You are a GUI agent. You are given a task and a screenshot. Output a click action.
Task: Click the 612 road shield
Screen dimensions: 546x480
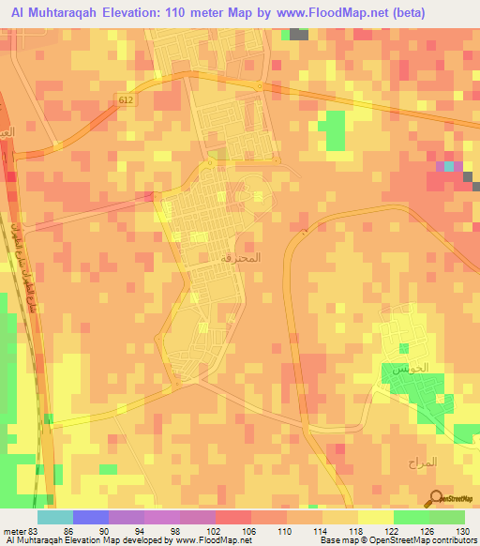[x=127, y=99]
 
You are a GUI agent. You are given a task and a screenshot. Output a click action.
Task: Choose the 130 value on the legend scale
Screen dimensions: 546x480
[x=464, y=532]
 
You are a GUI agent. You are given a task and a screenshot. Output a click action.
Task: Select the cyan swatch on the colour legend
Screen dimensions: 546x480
[x=55, y=517]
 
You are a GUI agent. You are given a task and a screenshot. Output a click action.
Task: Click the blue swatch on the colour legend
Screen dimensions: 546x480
[x=91, y=517]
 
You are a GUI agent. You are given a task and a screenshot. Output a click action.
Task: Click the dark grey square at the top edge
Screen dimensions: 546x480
[x=299, y=34]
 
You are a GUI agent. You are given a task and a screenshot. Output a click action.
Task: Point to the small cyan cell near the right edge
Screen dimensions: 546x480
[x=448, y=167]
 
